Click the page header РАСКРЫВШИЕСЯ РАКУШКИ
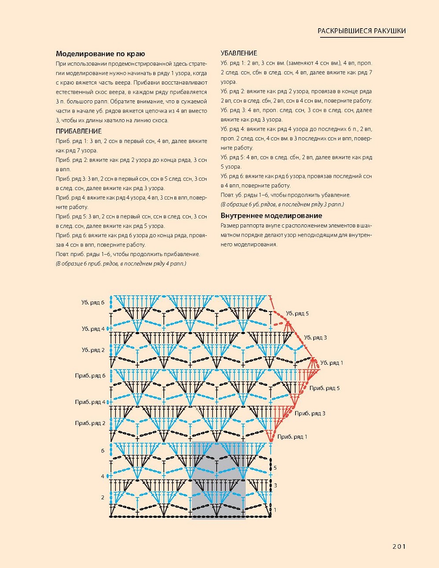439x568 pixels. tap(362, 31)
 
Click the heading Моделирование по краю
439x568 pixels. tap(100, 54)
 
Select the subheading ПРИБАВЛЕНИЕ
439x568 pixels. tap(78, 131)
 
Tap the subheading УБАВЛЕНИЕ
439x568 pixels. tap(239, 53)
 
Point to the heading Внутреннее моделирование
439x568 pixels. tap(271, 216)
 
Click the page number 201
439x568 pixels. tap(398, 546)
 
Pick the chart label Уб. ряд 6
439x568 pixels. tap(93, 303)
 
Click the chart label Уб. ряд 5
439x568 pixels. tap(297, 314)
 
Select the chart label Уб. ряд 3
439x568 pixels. tap(315, 337)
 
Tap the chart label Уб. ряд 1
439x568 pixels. tap(332, 363)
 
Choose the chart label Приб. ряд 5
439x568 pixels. tap(325, 388)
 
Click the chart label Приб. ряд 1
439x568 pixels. tap(292, 436)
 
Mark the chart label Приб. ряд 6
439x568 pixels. tap(90, 376)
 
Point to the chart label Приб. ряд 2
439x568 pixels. tap(90, 423)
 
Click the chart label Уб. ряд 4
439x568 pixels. tap(93, 329)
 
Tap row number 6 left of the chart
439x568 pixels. tap(103, 451)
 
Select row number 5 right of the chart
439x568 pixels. tap(275, 468)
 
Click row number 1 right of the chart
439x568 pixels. tap(275, 510)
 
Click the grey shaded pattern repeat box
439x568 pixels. tap(218, 480)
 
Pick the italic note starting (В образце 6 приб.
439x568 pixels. tap(121, 264)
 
